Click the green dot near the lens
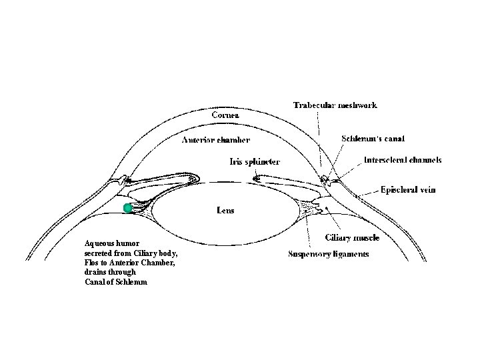pyautogui.click(x=128, y=209)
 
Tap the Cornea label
pyautogui.click(x=225, y=114)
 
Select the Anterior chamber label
pyautogui.click(x=216, y=140)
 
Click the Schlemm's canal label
pyautogui.click(x=373, y=138)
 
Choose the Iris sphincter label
pyautogui.click(x=255, y=161)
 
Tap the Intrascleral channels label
pyautogui.click(x=402, y=160)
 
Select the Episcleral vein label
pyautogui.click(x=408, y=189)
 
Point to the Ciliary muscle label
pyautogui.click(x=351, y=237)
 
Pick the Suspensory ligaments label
pyautogui.click(x=328, y=254)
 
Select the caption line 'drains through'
pyautogui.click(x=110, y=272)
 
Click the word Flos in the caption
pyautogui.click(x=92, y=263)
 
